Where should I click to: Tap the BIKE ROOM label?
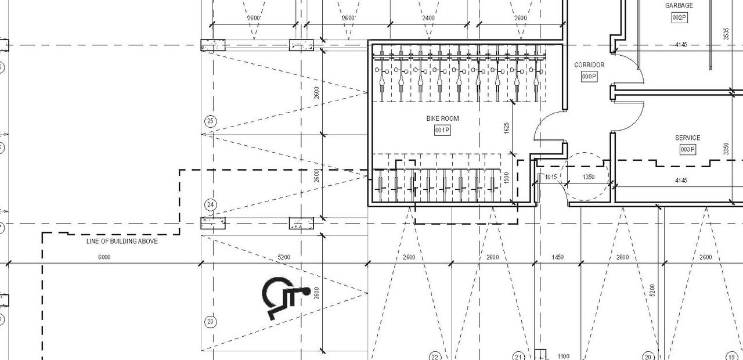[x=442, y=118]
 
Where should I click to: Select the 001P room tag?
[x=442, y=130]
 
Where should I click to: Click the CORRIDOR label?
[x=589, y=65]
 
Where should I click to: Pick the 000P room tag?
[x=589, y=77]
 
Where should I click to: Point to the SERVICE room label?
[x=687, y=138]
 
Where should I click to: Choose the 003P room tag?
[x=687, y=150]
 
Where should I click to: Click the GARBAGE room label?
[x=679, y=6]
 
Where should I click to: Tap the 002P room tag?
[x=679, y=17]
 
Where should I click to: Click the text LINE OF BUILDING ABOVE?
[x=122, y=242]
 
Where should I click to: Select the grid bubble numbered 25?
[x=211, y=121]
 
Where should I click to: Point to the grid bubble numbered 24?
[x=211, y=205]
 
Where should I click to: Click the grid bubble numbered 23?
[x=211, y=322]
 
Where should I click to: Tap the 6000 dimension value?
[x=104, y=257]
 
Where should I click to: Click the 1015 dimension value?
[x=551, y=177]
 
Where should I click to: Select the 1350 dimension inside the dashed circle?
[x=588, y=177]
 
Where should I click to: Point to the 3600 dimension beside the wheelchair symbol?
[x=316, y=293]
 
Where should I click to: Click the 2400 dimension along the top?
[x=428, y=18]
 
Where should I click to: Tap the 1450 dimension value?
[x=557, y=257]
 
